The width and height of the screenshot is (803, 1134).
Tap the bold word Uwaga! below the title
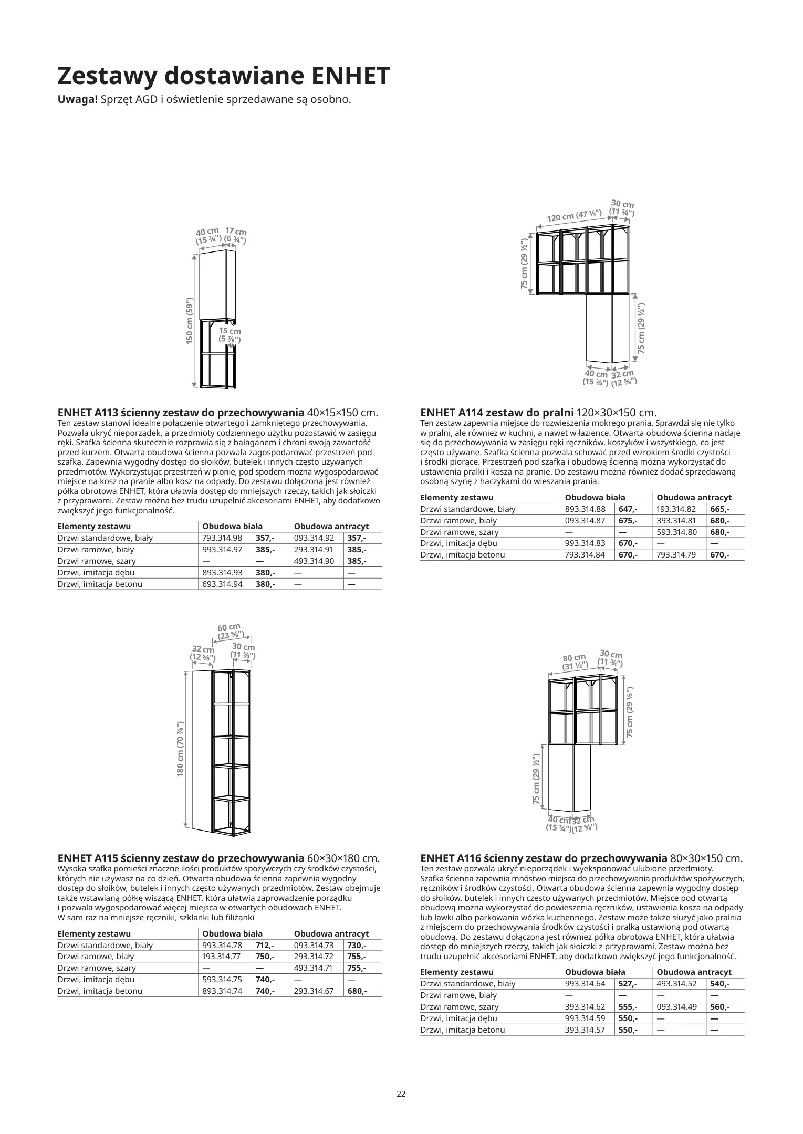pos(77,99)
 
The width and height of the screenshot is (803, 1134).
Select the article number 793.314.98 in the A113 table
pos(222,538)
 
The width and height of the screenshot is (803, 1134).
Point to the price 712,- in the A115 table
pos(265,945)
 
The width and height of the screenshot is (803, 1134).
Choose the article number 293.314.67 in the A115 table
pos(314,991)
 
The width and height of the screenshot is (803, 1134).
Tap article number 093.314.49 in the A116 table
pos(676,1006)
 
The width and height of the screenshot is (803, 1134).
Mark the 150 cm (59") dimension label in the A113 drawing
pos(190,321)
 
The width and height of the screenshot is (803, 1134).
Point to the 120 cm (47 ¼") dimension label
pos(574,216)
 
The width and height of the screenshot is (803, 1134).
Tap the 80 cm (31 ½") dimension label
pos(574,662)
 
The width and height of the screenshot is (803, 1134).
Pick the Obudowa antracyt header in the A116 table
pos(694,972)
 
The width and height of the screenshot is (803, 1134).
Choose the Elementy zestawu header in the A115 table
pos(94,933)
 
